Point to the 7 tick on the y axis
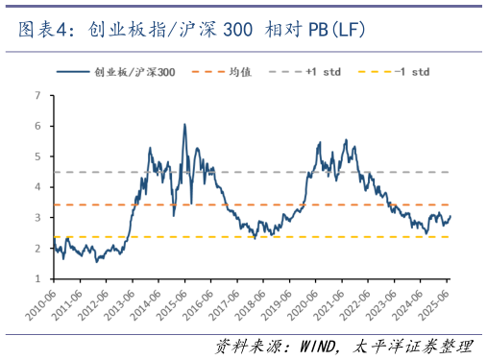tap(37, 95)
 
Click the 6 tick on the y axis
tap(37, 126)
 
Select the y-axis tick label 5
tap(37, 156)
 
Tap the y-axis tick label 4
tap(37, 187)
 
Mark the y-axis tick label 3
tap(37, 218)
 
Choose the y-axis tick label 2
tap(37, 249)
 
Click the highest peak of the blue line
tap(184, 124)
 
